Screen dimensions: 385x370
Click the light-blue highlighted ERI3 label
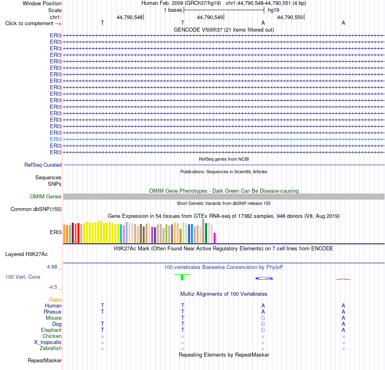tap(56, 140)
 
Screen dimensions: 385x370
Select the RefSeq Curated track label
tap(43, 165)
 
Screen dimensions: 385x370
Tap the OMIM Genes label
tap(46, 196)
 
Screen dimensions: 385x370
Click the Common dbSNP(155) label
tap(36, 209)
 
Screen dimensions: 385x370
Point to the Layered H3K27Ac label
tap(26, 254)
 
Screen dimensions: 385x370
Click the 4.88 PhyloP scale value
tap(52, 267)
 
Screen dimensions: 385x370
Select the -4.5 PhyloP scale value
tap(53, 287)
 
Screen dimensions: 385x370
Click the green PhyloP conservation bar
tap(182, 277)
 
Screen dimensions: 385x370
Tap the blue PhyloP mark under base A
tap(264, 279)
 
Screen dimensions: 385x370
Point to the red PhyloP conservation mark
tap(343, 279)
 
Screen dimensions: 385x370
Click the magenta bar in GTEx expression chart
tap(215, 238)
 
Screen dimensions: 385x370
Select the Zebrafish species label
tap(51, 348)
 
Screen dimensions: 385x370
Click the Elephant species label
tap(51, 330)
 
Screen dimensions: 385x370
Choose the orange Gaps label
tap(55, 299)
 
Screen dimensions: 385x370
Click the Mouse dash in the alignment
tap(103, 318)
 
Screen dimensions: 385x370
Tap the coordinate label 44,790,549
tap(210, 17)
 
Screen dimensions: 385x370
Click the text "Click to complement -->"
tap(33, 24)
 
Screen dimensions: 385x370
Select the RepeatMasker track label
tap(45, 360)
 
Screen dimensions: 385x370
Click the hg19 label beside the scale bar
tap(274, 10)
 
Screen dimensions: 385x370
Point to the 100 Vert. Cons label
tap(23, 277)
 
